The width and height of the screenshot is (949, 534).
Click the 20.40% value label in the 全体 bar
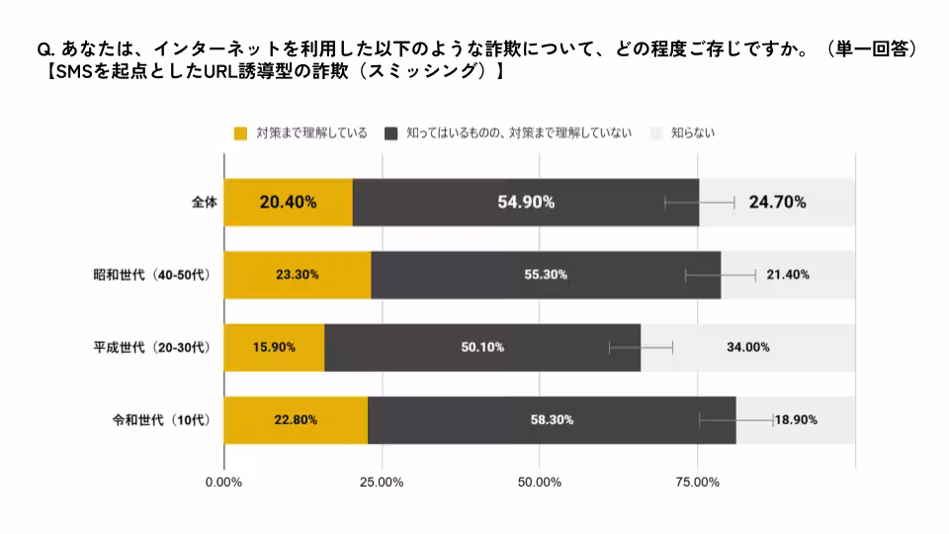tap(288, 202)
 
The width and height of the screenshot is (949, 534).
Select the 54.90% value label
tap(525, 202)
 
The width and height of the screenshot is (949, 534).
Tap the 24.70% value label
tap(777, 202)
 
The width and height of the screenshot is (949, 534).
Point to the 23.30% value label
tap(297, 274)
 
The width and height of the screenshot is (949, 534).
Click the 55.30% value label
tap(546, 274)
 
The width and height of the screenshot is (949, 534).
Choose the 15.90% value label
tap(274, 347)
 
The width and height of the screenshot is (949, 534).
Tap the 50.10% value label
tap(482, 347)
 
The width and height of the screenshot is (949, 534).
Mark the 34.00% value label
tap(748, 347)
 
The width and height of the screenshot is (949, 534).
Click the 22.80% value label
tap(296, 419)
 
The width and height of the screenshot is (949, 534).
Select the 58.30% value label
tap(552, 419)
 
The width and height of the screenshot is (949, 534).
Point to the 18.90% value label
tap(797, 419)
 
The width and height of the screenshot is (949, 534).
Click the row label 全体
tap(204, 202)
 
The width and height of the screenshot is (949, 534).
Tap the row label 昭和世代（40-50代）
tap(151, 274)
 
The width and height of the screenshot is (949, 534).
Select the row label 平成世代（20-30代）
tap(151, 347)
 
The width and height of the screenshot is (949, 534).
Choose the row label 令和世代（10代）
tap(161, 419)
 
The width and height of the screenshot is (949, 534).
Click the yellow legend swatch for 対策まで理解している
tap(240, 133)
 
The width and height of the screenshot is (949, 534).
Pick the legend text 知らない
tap(692, 133)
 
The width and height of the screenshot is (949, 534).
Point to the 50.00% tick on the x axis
tap(540, 482)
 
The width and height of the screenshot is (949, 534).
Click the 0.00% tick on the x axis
tap(223, 482)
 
